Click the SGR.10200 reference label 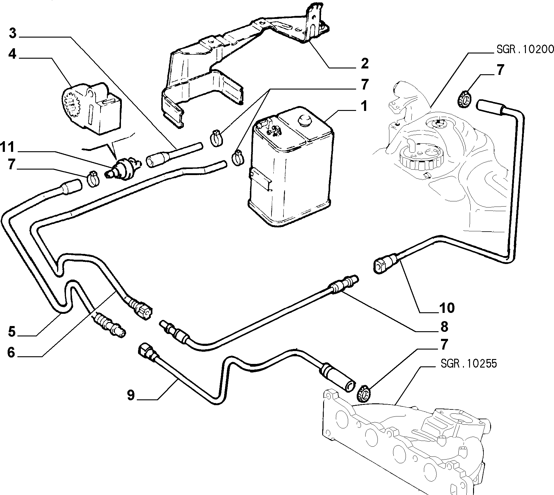(x=525, y=49)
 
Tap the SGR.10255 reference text (x=469, y=363)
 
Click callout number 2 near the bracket (x=364, y=63)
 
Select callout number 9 (x=131, y=395)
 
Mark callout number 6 (x=11, y=353)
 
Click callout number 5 (x=12, y=332)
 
